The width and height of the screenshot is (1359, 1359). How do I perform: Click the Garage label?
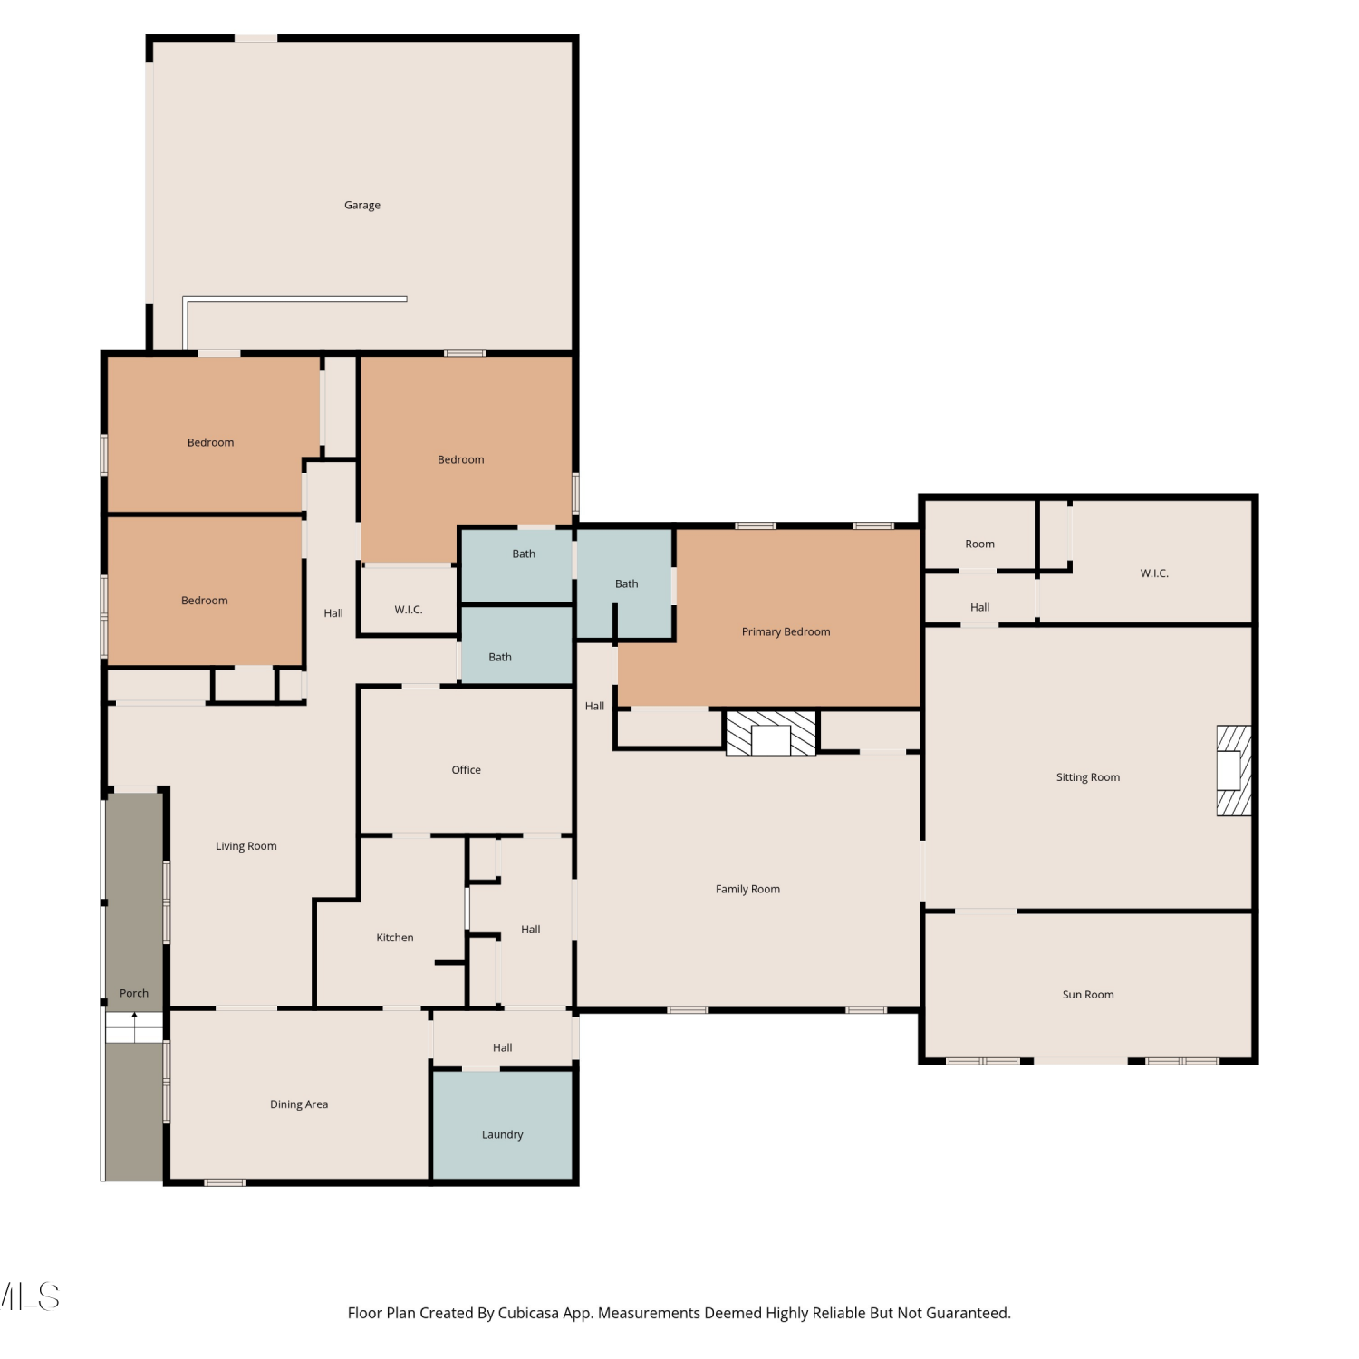tap(362, 206)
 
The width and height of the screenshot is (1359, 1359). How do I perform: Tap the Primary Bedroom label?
tap(786, 631)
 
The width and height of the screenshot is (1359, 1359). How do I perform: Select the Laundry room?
tap(502, 1124)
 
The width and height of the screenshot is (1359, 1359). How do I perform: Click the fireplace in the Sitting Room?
tap(1233, 770)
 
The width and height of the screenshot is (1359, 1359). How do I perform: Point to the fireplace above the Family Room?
tap(771, 733)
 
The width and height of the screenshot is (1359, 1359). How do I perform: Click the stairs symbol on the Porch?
tap(134, 1027)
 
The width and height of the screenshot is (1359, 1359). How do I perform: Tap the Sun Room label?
tap(1088, 995)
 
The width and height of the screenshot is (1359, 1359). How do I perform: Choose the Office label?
tap(467, 770)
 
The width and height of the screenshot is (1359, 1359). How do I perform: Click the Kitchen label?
tap(395, 938)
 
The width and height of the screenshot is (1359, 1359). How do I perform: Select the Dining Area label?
tap(299, 1104)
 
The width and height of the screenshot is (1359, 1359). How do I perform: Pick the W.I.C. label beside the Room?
tap(1154, 573)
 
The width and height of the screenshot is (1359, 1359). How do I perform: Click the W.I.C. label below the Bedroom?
tap(409, 610)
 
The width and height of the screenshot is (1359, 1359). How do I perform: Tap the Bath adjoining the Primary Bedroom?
tap(625, 584)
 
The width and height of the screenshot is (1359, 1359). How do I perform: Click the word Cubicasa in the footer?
tap(528, 1313)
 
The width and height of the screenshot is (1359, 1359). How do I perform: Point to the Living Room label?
tap(246, 846)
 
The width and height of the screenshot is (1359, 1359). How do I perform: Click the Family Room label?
tap(747, 890)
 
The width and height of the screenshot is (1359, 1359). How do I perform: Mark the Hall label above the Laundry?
tap(503, 1048)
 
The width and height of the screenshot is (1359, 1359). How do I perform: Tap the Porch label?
tap(134, 994)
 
